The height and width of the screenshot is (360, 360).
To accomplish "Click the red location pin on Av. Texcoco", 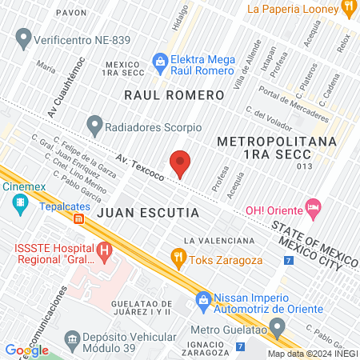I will point(181,163).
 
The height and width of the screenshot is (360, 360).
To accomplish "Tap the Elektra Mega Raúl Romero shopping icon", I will point(161,61).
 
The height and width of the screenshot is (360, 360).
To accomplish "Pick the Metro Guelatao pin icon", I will point(278,326).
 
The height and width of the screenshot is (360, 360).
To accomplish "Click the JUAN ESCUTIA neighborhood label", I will point(148,214).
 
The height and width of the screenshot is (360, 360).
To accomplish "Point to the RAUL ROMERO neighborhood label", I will point(174,94).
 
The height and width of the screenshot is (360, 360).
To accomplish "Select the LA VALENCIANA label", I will point(218,240).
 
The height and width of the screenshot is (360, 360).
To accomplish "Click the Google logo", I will point(27,350).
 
